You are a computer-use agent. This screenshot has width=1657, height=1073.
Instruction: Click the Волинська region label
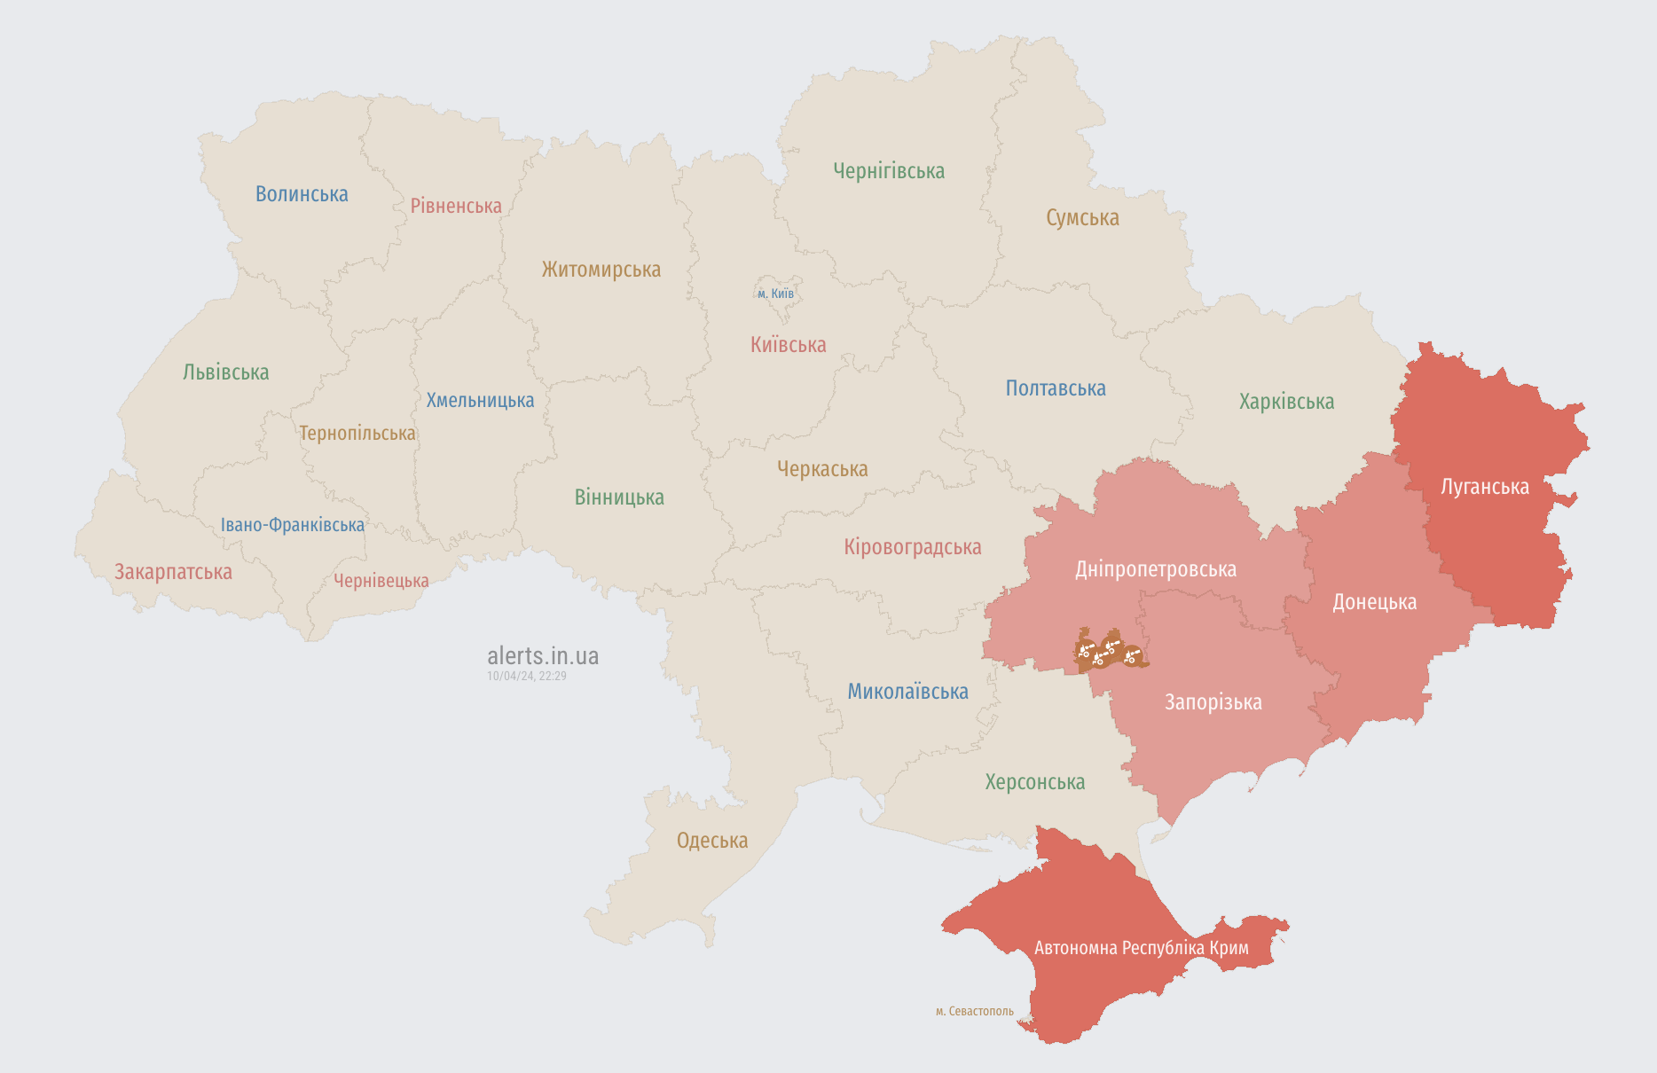click(302, 194)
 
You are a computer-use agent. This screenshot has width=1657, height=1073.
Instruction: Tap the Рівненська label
click(456, 206)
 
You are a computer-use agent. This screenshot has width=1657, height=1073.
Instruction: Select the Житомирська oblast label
click(601, 270)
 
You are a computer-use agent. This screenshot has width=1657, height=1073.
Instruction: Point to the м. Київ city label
click(775, 294)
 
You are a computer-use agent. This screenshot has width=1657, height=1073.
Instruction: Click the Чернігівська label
click(889, 171)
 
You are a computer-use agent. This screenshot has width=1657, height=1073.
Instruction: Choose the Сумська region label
click(1082, 218)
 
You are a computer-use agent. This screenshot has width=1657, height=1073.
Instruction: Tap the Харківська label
click(1286, 402)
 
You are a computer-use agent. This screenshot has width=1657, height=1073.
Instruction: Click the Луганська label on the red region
click(1485, 487)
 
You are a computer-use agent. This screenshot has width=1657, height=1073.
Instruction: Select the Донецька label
click(1374, 602)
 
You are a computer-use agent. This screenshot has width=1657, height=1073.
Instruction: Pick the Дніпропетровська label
click(1155, 569)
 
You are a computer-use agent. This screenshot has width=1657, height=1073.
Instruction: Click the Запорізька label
click(1213, 702)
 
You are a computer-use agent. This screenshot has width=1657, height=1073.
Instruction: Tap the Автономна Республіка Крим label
click(1141, 948)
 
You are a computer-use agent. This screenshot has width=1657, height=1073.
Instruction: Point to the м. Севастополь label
click(974, 1012)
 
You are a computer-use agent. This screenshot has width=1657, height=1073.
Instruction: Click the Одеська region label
click(712, 841)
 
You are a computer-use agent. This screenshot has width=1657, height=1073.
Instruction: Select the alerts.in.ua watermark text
click(543, 656)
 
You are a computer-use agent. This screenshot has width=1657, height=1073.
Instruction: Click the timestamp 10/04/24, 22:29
click(526, 676)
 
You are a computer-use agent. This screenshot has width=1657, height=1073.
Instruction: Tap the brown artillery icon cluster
click(1109, 652)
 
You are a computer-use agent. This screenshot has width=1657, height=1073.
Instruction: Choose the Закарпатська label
click(173, 572)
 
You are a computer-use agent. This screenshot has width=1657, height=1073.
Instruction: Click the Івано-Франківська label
click(293, 525)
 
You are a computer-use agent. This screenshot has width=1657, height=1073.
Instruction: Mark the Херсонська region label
click(1034, 782)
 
